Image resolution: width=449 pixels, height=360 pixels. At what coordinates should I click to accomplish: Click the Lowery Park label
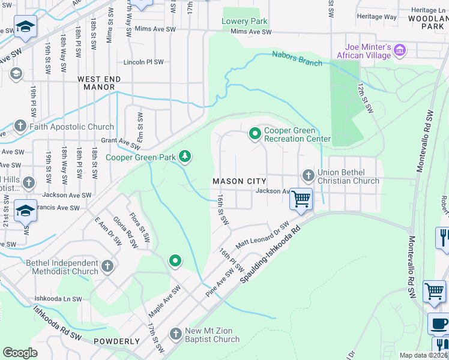click(x=244, y=21)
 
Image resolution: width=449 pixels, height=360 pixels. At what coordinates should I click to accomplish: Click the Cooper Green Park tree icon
click(x=185, y=157)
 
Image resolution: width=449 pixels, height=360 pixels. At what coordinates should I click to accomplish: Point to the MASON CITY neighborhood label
click(x=237, y=181)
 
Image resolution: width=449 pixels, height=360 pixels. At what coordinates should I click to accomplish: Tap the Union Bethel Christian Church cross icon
click(x=309, y=176)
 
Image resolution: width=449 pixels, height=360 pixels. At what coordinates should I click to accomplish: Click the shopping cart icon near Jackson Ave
click(x=301, y=199)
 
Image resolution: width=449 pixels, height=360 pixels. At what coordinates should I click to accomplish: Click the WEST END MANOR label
click(x=99, y=83)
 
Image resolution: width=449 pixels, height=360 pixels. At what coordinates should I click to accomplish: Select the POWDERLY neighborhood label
click(x=116, y=341)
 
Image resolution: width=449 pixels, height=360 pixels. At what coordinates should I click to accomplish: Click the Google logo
click(x=20, y=352)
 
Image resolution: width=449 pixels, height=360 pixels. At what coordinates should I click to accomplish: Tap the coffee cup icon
click(x=438, y=323)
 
